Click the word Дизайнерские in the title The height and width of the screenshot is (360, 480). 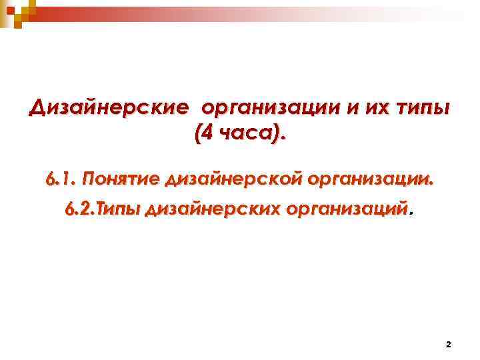[x=107, y=107]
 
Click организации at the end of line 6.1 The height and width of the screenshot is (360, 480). [x=371, y=180]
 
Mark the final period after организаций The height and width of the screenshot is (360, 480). [x=411, y=215]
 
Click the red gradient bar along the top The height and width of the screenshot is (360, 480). [x=200, y=10]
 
